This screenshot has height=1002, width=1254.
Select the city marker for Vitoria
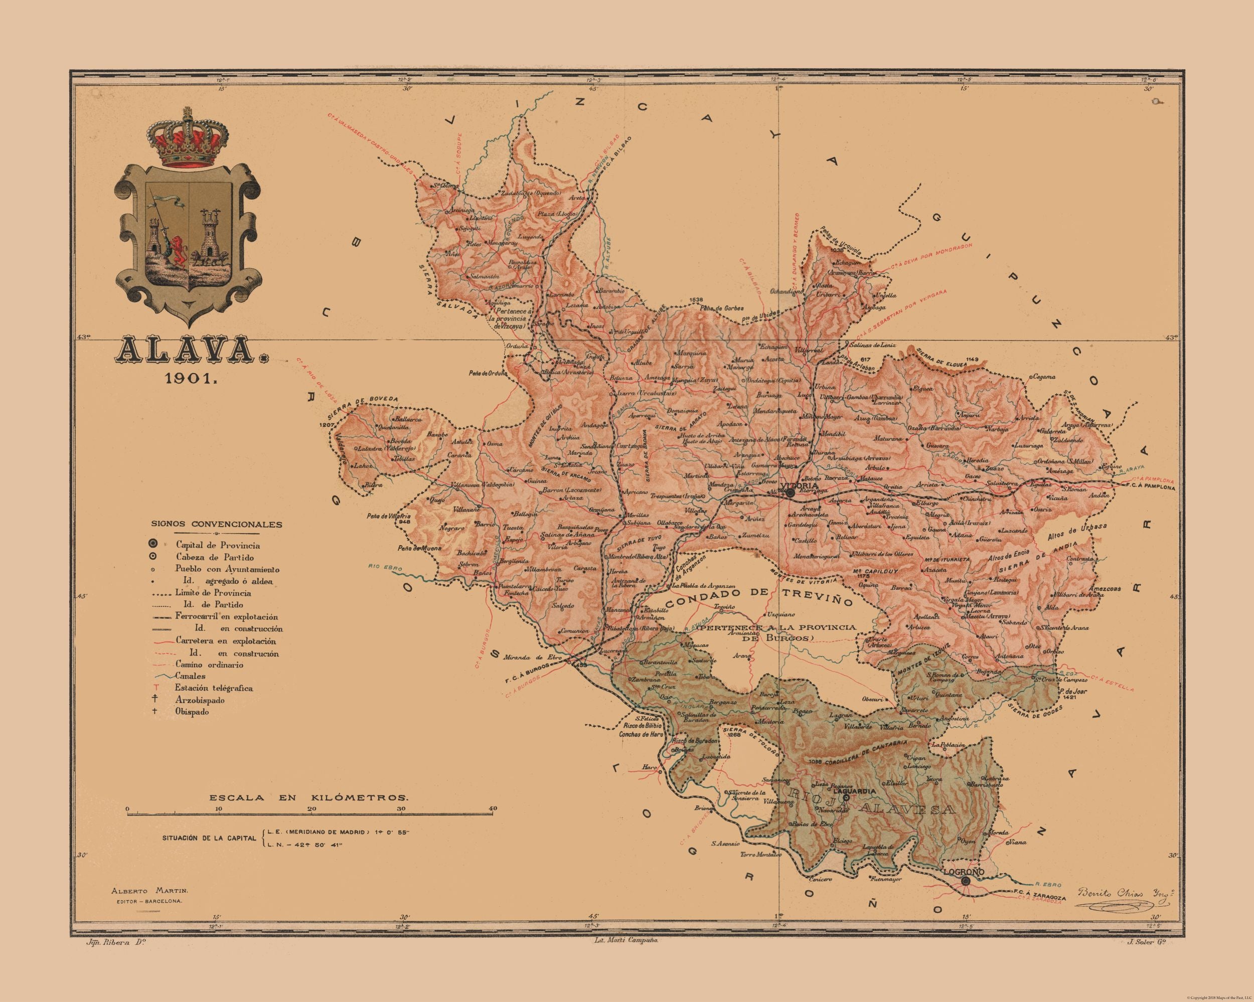[790, 492]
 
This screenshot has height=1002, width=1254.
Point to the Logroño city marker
[966, 897]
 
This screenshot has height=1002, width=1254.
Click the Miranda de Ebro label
[533, 657]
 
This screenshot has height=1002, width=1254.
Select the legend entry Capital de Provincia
[218, 546]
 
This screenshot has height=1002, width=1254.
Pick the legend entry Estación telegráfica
[214, 688]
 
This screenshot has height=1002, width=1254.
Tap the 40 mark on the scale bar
[493, 809]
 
